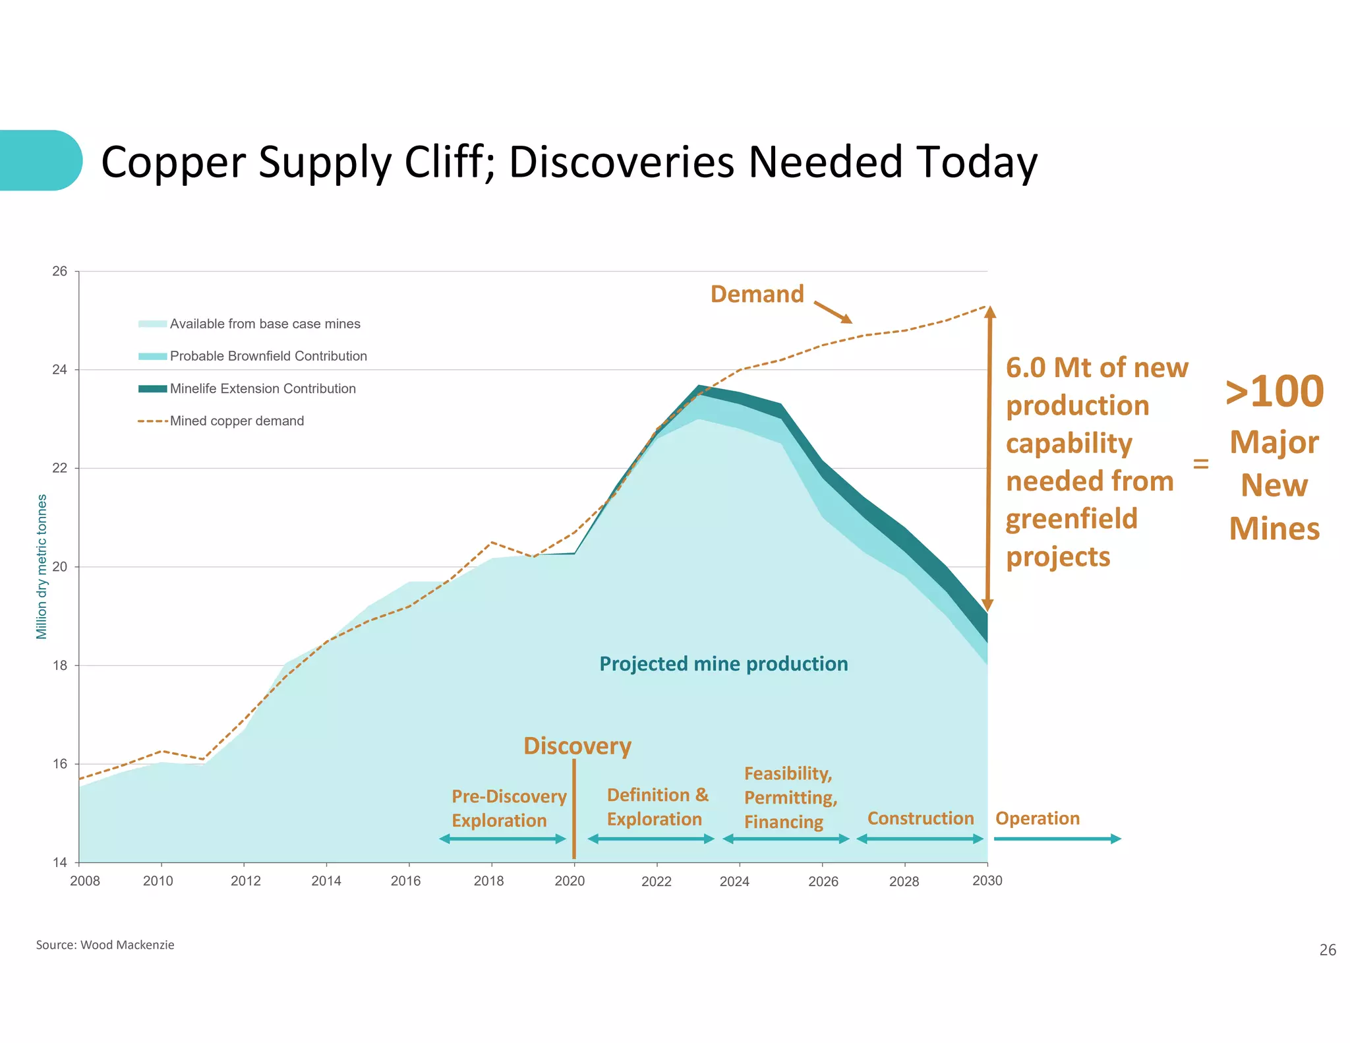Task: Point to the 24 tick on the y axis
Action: coord(60,370)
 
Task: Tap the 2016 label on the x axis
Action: coord(405,881)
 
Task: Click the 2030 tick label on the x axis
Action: coord(987,881)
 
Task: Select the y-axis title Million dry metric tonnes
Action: coord(42,566)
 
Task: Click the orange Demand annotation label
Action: coord(757,294)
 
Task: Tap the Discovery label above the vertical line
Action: coord(577,746)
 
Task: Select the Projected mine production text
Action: coord(723,664)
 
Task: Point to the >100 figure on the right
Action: coord(1274,392)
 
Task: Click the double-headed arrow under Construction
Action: coord(920,839)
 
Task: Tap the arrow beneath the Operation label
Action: coord(1057,839)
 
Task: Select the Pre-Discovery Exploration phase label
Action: coord(508,808)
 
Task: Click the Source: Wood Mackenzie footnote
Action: coord(105,945)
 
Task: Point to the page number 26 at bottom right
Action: coord(1327,950)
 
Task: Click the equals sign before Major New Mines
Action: coord(1200,464)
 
